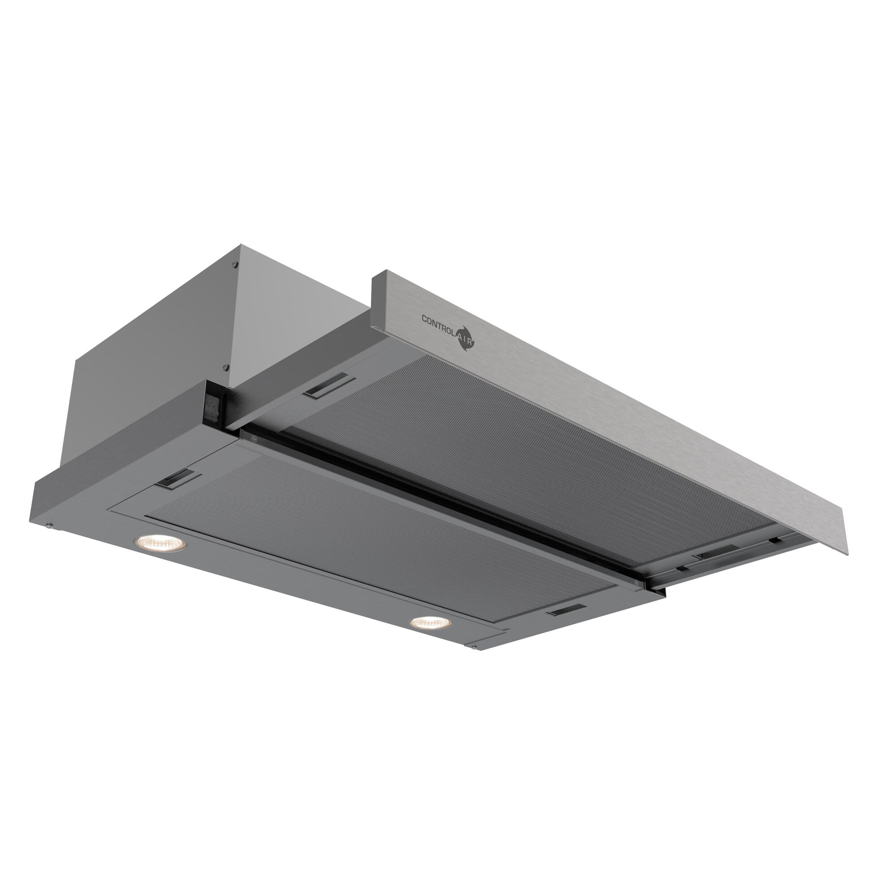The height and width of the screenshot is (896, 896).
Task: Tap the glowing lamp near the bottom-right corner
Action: pyautogui.click(x=431, y=623)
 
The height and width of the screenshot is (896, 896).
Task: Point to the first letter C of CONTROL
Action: pyautogui.click(x=424, y=318)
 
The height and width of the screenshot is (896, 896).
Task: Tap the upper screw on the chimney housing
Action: pyautogui.click(x=235, y=265)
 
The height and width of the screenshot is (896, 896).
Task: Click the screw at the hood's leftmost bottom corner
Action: pyautogui.click(x=49, y=526)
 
